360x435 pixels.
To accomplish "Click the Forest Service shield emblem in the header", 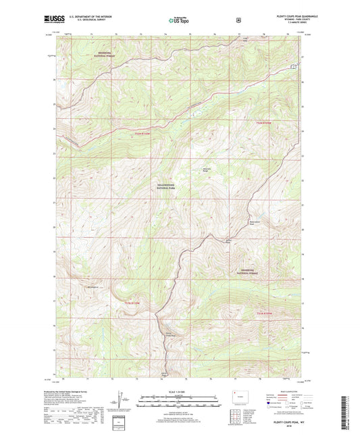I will coord(238,20).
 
